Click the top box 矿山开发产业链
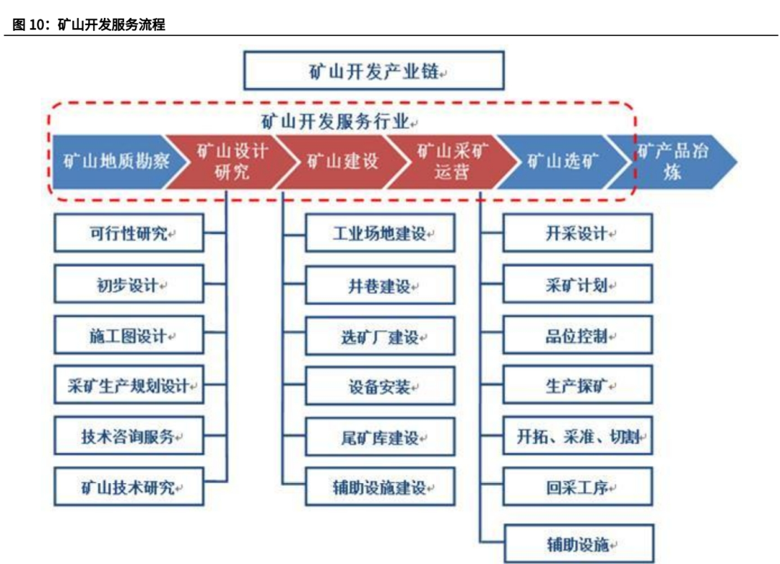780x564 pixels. (x=373, y=71)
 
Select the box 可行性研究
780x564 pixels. (x=129, y=233)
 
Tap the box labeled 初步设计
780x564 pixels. (x=129, y=285)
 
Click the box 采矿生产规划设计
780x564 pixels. (x=129, y=386)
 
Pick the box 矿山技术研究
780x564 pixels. (x=129, y=487)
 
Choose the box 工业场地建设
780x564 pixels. (x=380, y=233)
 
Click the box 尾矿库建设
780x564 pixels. (x=380, y=437)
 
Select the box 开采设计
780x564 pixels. (x=577, y=233)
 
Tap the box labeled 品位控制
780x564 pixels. (x=577, y=336)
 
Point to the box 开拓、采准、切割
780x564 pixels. (x=577, y=437)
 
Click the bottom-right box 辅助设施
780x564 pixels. (x=577, y=544)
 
